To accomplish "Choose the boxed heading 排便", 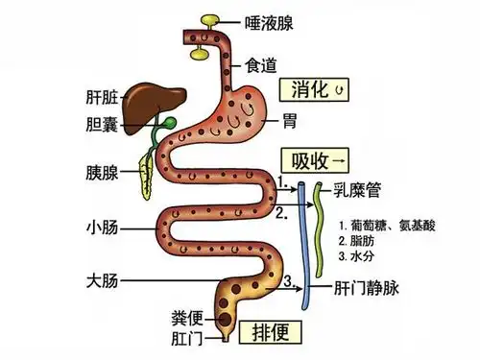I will pyautogui.click(x=272, y=332).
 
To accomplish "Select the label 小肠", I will pyautogui.click(x=101, y=229).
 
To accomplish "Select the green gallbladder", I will pyautogui.click(x=168, y=124).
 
